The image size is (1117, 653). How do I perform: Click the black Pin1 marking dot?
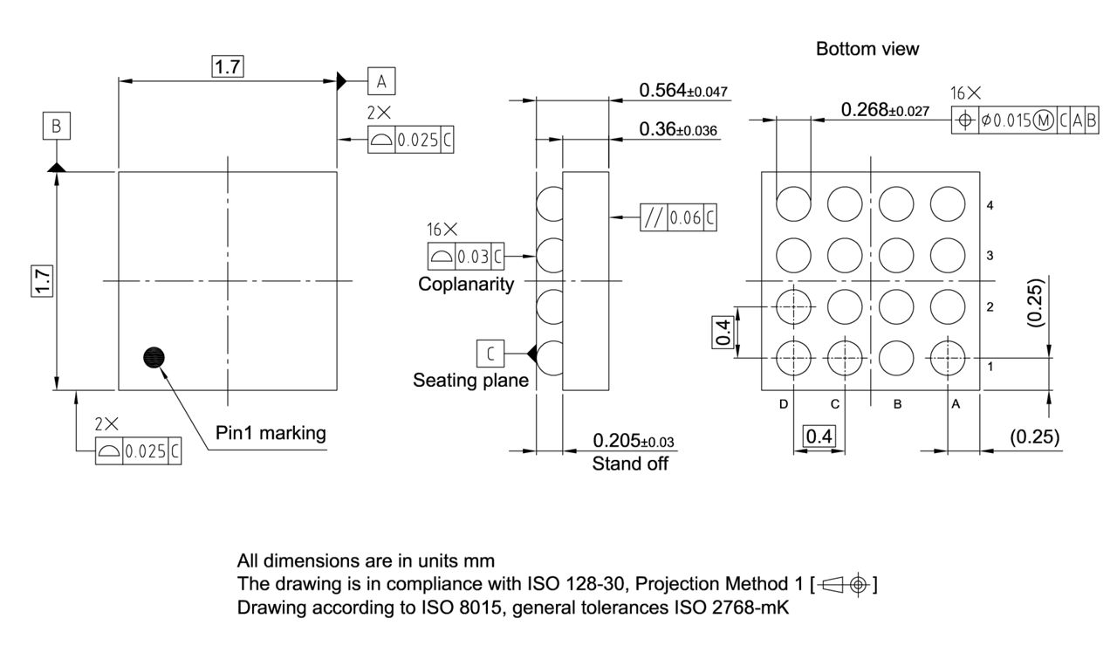coord(154,357)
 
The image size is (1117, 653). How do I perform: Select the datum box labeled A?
coord(381,81)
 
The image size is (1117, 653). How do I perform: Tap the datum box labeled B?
coord(56,127)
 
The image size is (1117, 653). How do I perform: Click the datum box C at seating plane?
coord(490,353)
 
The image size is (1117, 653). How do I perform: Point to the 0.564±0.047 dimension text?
coord(683,91)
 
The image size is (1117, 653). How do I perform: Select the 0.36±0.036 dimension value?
coord(678,130)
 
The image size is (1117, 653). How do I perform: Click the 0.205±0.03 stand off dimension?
coord(634,441)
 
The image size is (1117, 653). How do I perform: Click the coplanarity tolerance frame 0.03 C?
coord(466,256)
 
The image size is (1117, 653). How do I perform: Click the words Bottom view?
coord(867,49)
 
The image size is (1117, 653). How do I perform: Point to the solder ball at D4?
coord(793,204)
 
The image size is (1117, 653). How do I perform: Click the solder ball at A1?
coord(948,357)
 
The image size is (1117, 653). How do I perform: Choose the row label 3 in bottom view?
coord(990,256)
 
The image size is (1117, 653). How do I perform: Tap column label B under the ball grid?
coord(896,404)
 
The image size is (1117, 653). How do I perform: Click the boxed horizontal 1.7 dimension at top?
coord(228,66)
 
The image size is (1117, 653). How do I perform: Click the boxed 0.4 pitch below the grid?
coord(819,436)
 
